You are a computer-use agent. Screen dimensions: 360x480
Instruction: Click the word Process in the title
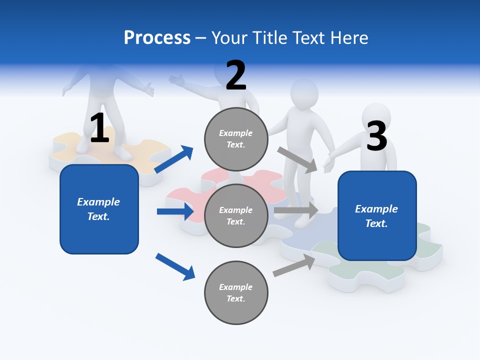pyautogui.click(x=157, y=38)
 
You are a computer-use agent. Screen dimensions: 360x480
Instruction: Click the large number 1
pyautogui.click(x=99, y=128)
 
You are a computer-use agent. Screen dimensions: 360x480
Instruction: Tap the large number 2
pyautogui.click(x=236, y=75)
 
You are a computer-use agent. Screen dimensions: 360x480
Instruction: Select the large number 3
pyautogui.click(x=376, y=136)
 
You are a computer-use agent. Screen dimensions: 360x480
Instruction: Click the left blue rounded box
pyautogui.click(x=99, y=209)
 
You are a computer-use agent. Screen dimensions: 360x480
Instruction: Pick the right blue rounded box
pyautogui.click(x=377, y=216)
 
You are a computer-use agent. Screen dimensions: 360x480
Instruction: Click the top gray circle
pyautogui.click(x=236, y=139)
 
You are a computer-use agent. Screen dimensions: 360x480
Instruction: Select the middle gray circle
pyautogui.click(x=236, y=216)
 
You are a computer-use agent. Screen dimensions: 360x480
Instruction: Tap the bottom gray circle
pyautogui.click(x=236, y=293)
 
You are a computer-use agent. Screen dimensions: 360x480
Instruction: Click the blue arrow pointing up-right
pyautogui.click(x=174, y=159)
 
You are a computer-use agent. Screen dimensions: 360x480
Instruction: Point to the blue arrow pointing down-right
pyautogui.click(x=175, y=266)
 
